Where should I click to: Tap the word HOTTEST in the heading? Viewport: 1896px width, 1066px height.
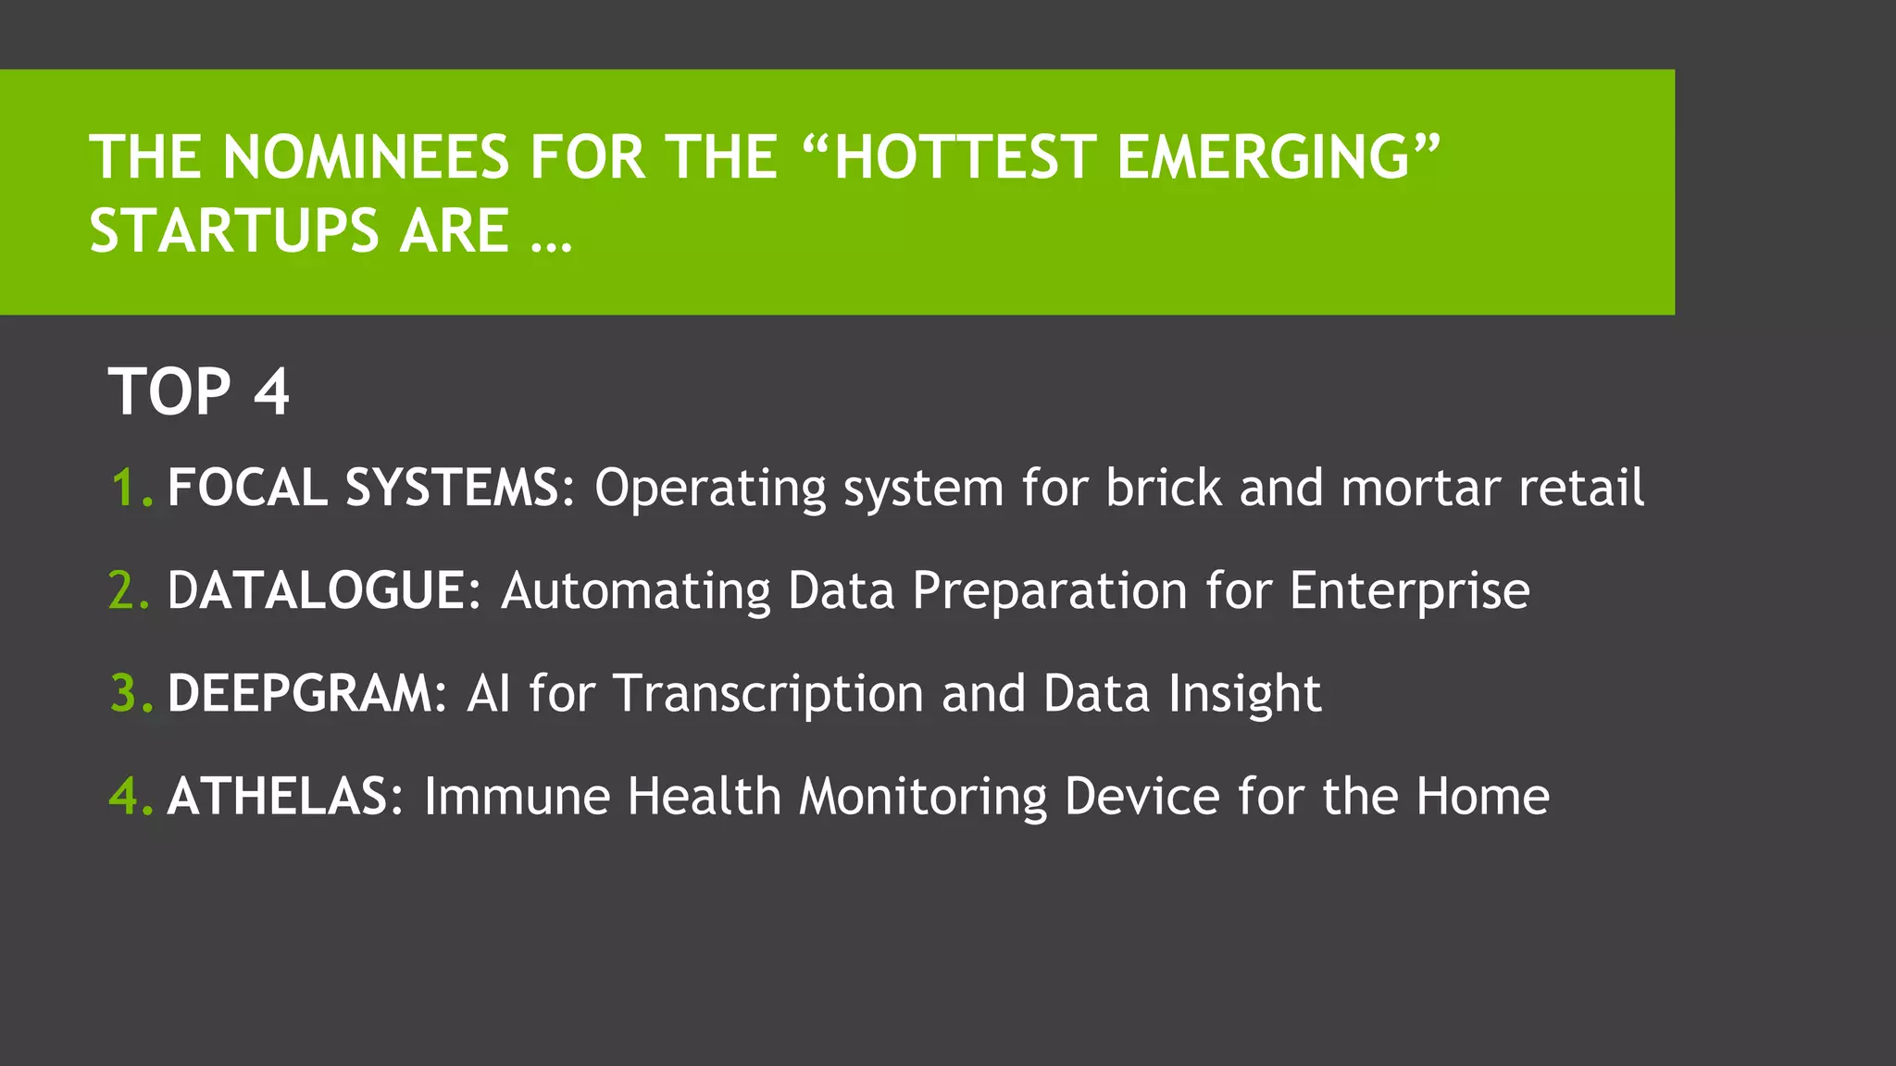pyautogui.click(x=964, y=156)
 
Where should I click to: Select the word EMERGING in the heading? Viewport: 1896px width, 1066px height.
pyautogui.click(x=1265, y=156)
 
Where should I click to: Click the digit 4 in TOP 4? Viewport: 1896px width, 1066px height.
pyautogui.click(x=271, y=391)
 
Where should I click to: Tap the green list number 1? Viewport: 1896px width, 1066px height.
pyautogui.click(x=125, y=488)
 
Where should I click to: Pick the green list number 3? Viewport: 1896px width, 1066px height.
pyautogui.click(x=125, y=693)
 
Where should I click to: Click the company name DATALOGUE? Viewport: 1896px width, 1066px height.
pyautogui.click(x=316, y=590)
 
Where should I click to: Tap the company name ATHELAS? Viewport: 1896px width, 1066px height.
pyautogui.click(x=278, y=796)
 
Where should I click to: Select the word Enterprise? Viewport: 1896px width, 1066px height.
pyautogui.click(x=1409, y=590)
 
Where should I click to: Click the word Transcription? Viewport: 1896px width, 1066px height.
pyautogui.click(x=768, y=693)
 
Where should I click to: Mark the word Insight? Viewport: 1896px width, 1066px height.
pyautogui.click(x=1244, y=693)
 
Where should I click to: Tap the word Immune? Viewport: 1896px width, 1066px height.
pyautogui.click(x=517, y=796)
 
